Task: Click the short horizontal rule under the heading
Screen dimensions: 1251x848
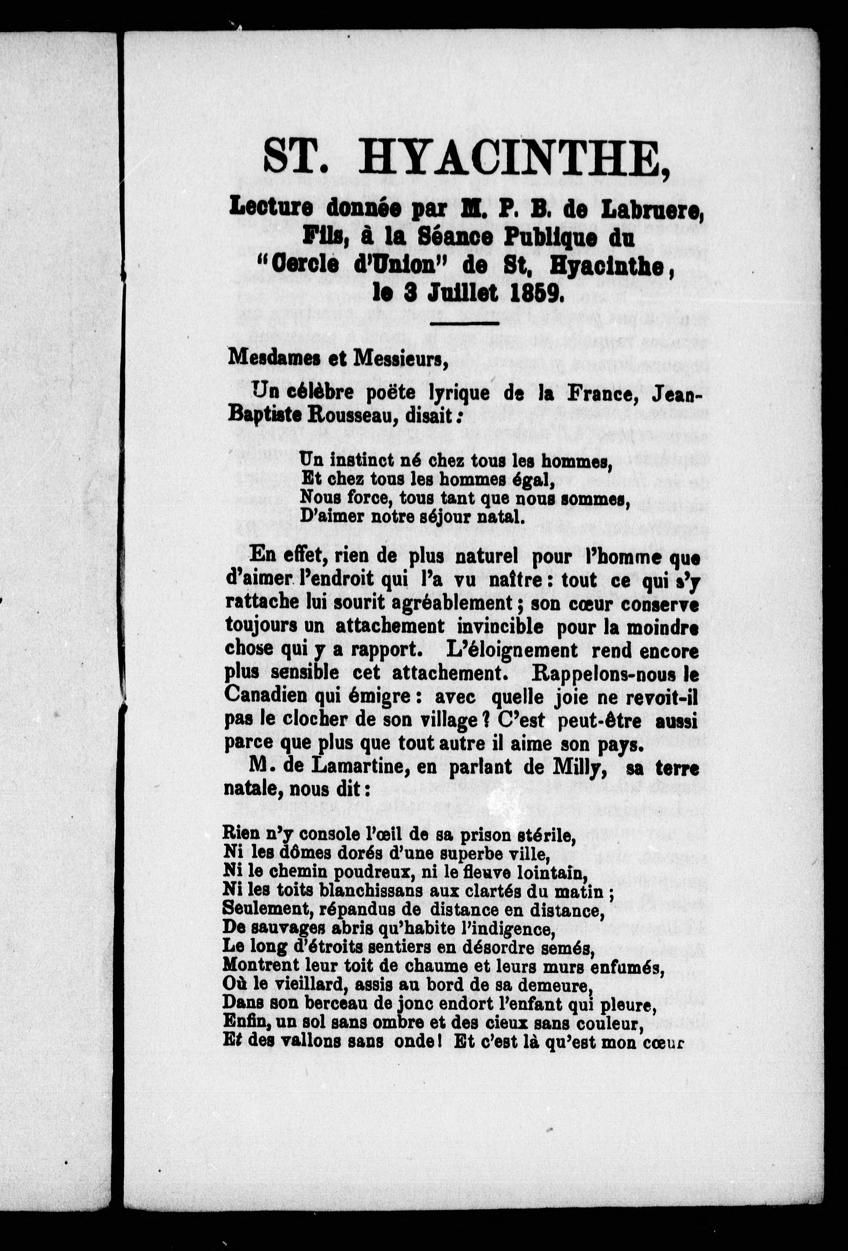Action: click(464, 323)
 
